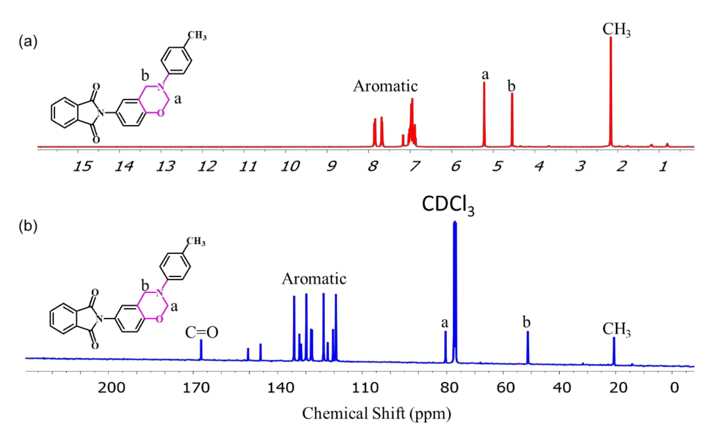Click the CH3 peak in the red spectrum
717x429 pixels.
[x=611, y=92]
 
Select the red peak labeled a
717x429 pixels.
[x=484, y=116]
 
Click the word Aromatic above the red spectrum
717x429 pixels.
[x=385, y=86]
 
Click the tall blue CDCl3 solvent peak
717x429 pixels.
[x=455, y=289]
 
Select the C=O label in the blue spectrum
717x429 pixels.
[x=201, y=332]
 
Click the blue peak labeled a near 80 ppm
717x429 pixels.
[x=445, y=347]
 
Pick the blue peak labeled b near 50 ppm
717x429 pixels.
[x=528, y=347]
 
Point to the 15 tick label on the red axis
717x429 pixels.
[x=82, y=166]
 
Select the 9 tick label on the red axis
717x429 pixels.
[x=332, y=166]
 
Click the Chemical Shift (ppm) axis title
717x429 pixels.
[x=376, y=413]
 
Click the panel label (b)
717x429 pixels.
[x=28, y=226]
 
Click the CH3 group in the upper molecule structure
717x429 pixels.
[x=197, y=35]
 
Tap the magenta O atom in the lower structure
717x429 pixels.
[x=159, y=319]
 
